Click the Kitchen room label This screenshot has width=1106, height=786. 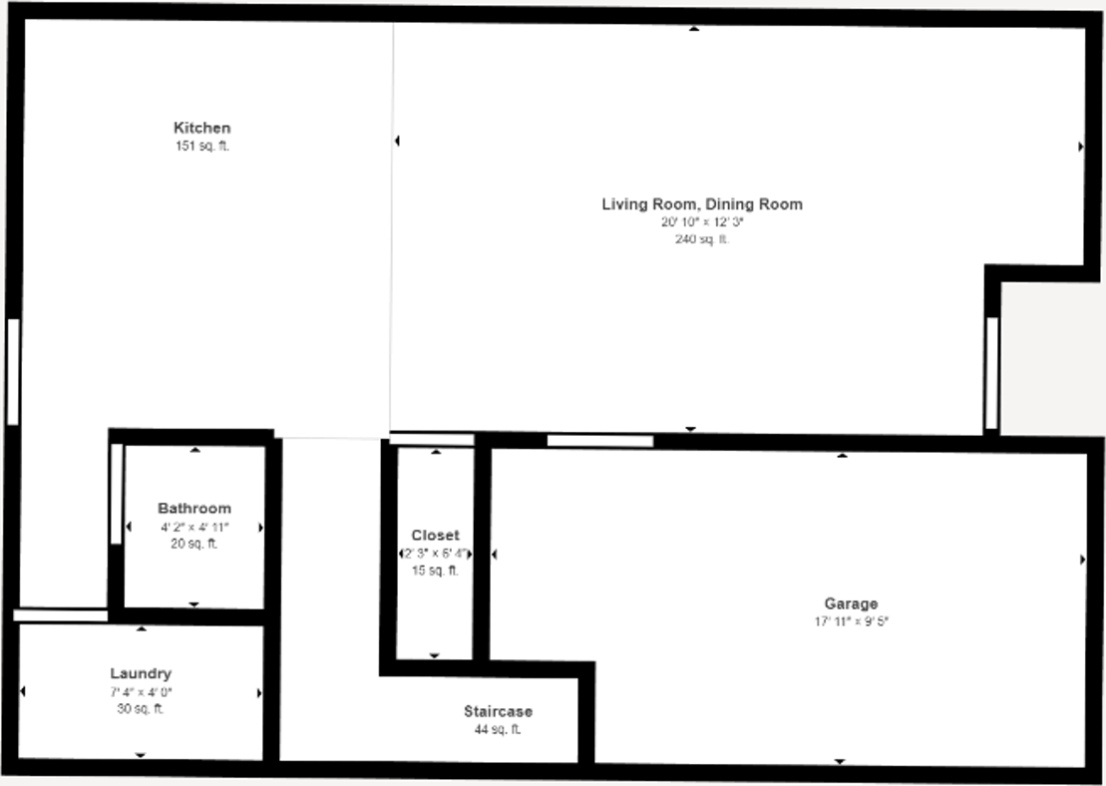(202, 128)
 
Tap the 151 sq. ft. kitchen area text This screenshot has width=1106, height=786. (202, 146)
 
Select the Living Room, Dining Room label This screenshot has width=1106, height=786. (701, 204)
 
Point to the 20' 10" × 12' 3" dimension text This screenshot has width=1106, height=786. (701, 222)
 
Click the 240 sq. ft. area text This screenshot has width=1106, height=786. (701, 239)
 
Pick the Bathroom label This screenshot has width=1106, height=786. (194, 509)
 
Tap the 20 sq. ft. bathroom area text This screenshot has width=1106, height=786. (194, 544)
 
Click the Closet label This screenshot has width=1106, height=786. (436, 536)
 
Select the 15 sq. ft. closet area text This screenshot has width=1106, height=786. (436, 571)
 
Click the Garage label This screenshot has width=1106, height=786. (851, 603)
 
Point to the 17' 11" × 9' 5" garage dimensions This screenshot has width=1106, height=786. (851, 621)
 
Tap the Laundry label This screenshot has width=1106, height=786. (141, 674)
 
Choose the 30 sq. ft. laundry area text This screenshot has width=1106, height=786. (141, 709)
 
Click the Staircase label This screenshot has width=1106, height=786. (498, 712)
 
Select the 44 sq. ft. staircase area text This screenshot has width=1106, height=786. (498, 729)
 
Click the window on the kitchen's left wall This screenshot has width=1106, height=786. (13, 372)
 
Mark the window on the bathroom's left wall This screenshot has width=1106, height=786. (116, 494)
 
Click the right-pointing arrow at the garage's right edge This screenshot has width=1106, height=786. (1083, 560)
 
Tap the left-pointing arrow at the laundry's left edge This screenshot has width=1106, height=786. (23, 691)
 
